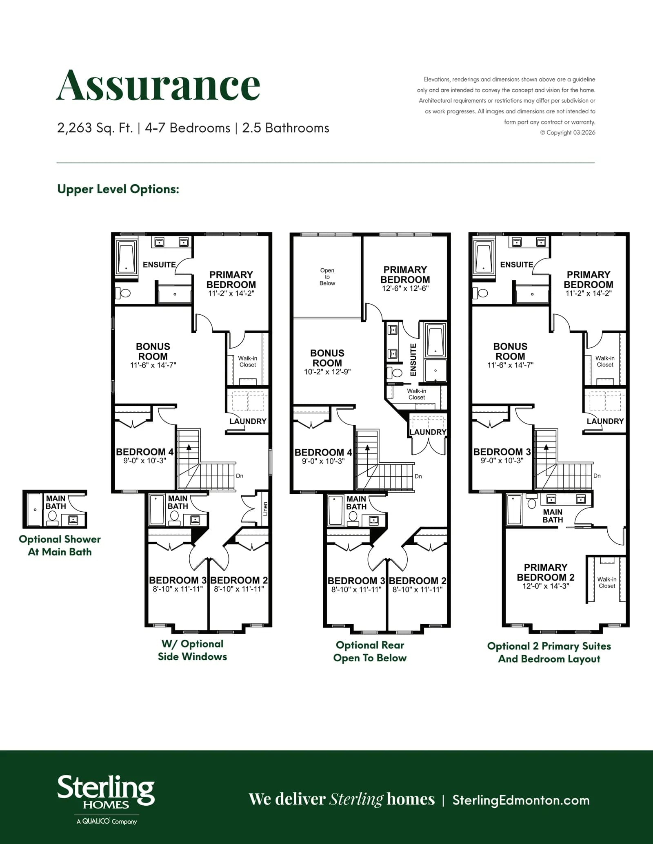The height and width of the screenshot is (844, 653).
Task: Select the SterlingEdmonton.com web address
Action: [521, 800]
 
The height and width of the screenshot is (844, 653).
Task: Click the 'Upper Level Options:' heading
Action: [118, 189]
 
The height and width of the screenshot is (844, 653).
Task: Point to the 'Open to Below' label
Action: [327, 277]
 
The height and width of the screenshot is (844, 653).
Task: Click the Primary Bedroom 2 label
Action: [546, 572]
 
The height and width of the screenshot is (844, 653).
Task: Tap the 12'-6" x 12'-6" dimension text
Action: [405, 288]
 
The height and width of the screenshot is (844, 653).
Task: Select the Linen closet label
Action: [265, 508]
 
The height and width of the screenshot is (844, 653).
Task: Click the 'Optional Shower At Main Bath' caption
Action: [60, 546]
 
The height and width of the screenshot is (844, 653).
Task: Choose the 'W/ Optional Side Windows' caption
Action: [193, 650]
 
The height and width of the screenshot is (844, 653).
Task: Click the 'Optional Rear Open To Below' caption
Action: [370, 651]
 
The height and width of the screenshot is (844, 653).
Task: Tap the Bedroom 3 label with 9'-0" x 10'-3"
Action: [502, 456]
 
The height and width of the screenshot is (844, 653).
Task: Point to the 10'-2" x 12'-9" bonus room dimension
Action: [327, 372]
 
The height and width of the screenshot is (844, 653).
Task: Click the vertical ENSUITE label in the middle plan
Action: [413, 360]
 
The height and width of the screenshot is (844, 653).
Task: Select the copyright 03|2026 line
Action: [568, 133]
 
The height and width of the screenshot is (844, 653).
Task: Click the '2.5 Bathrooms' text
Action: [286, 128]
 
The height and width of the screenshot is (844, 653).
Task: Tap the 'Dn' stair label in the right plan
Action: [597, 476]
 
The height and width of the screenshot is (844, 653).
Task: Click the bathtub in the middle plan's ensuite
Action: [435, 340]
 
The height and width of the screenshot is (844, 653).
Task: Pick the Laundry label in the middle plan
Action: [428, 432]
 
